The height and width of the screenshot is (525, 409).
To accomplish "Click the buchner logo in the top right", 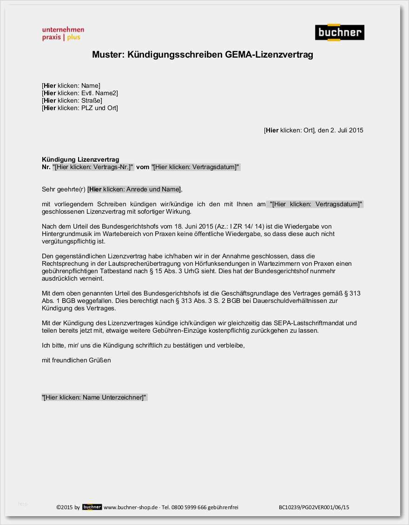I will [339, 33].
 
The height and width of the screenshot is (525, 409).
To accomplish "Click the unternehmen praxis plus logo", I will [63, 33].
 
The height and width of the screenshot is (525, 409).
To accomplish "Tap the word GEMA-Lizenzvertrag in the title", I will [269, 55].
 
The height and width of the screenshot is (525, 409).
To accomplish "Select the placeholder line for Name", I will [71, 85].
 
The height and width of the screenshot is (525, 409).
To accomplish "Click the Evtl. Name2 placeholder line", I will [80, 93].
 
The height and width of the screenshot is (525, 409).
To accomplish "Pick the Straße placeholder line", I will [72, 100].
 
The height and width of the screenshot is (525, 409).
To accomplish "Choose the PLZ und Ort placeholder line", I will [80, 108].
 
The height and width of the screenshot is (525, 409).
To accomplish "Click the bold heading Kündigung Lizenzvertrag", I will [80, 159].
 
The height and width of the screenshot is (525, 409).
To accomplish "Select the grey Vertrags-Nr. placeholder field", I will [93, 167].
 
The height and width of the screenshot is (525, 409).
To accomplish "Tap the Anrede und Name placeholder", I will [135, 189].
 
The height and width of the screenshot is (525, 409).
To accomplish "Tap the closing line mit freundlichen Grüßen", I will [76, 360].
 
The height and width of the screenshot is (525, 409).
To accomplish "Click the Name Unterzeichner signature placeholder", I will [94, 397].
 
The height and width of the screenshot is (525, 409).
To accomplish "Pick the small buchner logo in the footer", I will [92, 507].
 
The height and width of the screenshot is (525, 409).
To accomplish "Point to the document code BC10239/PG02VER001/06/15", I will [314, 507].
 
